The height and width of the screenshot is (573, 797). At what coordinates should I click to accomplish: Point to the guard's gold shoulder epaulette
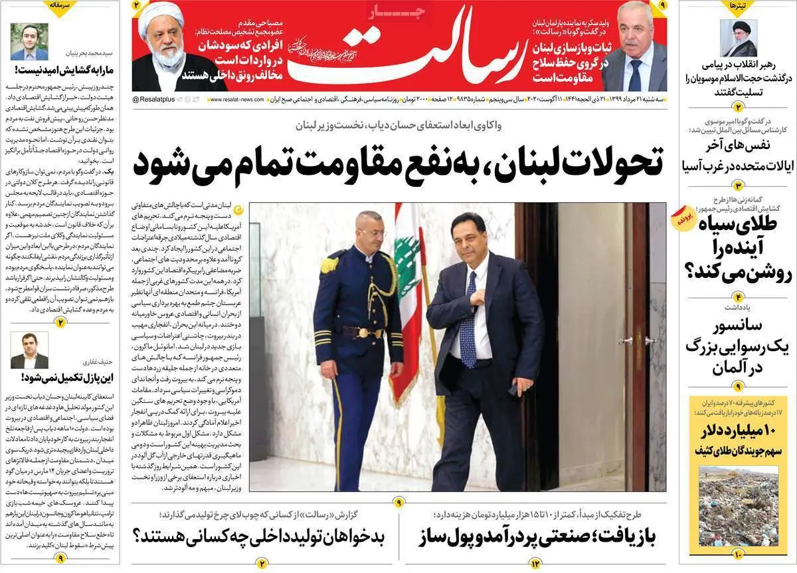coord(329,265)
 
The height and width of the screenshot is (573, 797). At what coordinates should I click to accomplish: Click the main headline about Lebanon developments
coord(398,162)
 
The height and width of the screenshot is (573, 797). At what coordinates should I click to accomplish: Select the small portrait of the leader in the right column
coord(739,38)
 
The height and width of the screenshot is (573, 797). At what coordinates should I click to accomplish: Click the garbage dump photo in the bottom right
coord(737,509)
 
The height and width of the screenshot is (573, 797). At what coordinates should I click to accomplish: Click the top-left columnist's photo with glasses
coord(29,41)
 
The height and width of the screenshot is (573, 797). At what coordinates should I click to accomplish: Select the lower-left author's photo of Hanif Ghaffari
coord(29,350)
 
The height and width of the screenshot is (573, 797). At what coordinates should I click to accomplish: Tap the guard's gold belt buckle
coord(362,332)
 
